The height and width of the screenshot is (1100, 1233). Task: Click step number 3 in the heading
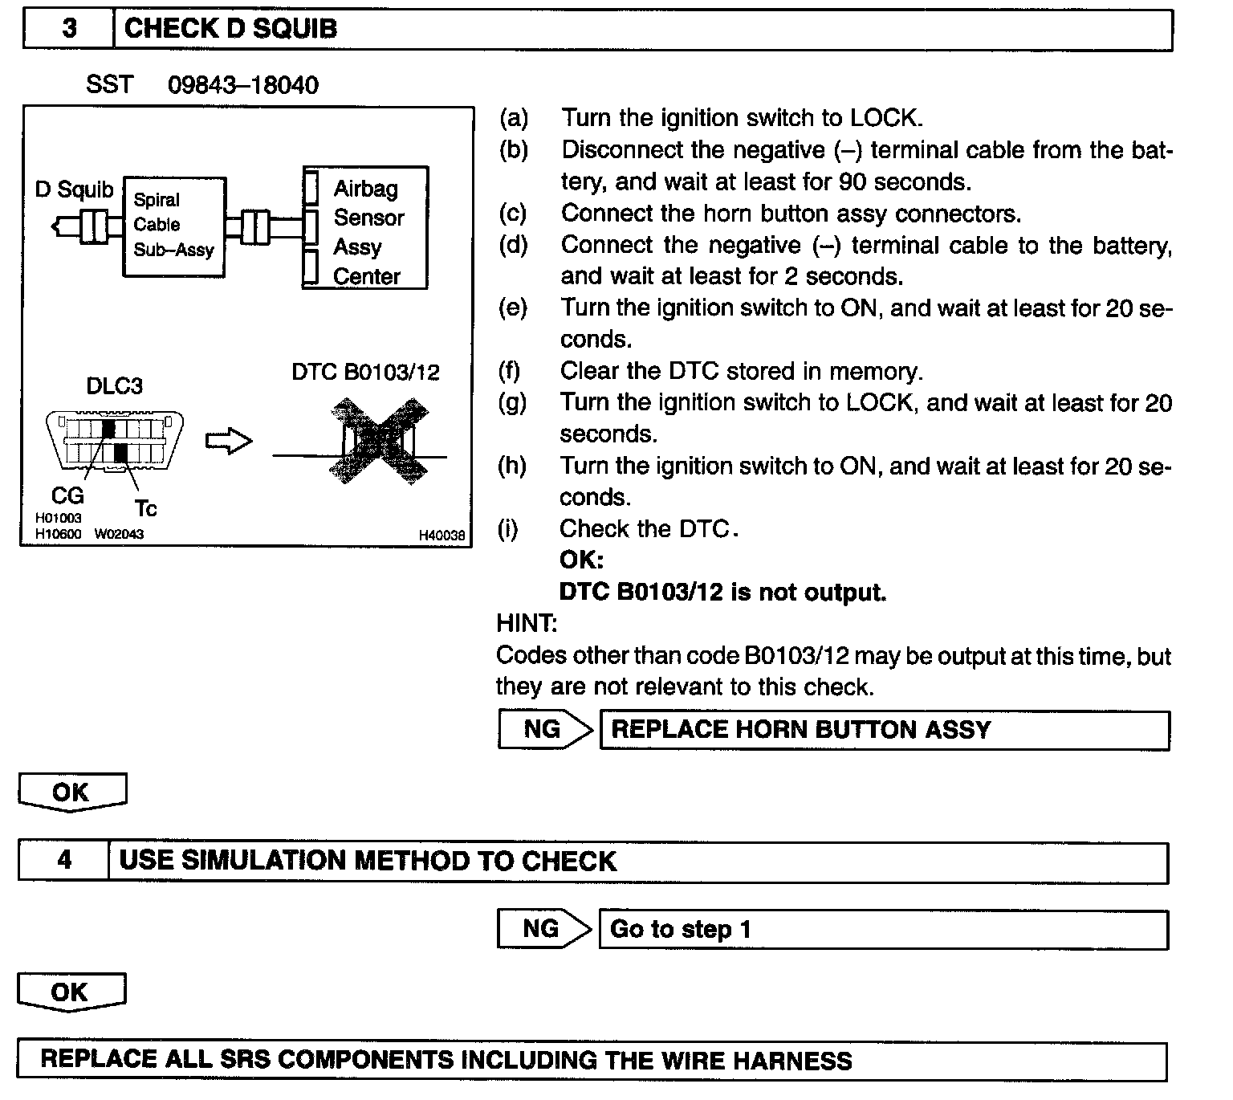click(x=69, y=29)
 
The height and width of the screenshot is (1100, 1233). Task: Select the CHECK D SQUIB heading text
click(x=230, y=29)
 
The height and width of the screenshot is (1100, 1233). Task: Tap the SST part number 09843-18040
click(x=242, y=85)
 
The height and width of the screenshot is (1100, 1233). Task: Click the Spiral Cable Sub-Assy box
click(x=173, y=226)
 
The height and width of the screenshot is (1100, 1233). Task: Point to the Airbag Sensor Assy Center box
click(x=366, y=229)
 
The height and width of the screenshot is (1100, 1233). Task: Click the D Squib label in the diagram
click(x=75, y=189)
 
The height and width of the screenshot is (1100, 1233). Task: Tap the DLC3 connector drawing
click(x=115, y=441)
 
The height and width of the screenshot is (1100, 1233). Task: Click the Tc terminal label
click(x=145, y=509)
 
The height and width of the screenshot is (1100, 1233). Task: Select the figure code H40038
click(x=442, y=535)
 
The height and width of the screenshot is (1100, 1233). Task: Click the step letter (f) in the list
click(x=509, y=371)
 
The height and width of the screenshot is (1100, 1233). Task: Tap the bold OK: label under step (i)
click(x=581, y=560)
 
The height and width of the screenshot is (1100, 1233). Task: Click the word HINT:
click(x=527, y=623)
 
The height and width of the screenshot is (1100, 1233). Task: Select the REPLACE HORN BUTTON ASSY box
click(x=884, y=730)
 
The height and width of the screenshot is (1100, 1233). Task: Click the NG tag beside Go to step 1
click(x=541, y=929)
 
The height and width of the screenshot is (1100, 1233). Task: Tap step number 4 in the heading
click(x=64, y=861)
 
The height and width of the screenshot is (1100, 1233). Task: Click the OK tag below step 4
click(x=71, y=992)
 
